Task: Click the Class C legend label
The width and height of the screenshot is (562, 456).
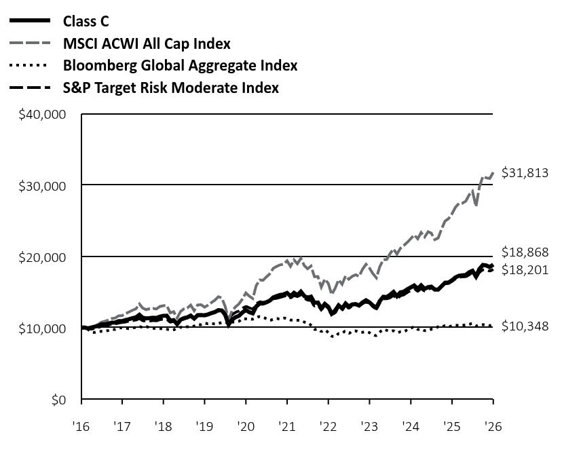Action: (86, 21)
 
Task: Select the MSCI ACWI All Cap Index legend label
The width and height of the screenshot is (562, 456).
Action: (147, 43)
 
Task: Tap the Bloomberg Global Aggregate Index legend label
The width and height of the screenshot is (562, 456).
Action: (181, 66)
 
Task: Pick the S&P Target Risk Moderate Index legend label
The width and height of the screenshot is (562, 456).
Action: (171, 88)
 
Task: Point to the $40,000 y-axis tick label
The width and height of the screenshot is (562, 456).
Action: (42, 115)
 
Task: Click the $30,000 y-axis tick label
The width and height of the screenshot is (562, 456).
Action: (42, 187)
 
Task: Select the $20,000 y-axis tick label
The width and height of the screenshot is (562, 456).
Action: (42, 258)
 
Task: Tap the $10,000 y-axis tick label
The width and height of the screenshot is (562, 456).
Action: (42, 328)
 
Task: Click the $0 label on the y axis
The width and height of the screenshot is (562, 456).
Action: (59, 400)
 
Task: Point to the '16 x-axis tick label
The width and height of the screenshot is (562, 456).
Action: (81, 427)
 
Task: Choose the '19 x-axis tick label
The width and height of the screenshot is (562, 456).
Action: (204, 427)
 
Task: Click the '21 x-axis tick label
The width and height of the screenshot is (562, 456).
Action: (287, 427)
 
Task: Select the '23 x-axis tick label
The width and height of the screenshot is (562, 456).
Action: (369, 427)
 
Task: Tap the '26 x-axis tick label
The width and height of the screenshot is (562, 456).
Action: (493, 427)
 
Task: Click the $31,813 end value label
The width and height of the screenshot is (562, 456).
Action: (525, 173)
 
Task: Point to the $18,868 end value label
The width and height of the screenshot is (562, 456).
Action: (525, 252)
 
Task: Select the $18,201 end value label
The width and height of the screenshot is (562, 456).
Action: (525, 269)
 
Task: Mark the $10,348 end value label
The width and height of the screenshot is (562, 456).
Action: (525, 326)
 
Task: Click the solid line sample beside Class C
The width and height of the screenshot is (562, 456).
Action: (30, 21)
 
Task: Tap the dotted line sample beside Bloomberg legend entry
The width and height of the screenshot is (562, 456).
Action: (29, 66)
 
